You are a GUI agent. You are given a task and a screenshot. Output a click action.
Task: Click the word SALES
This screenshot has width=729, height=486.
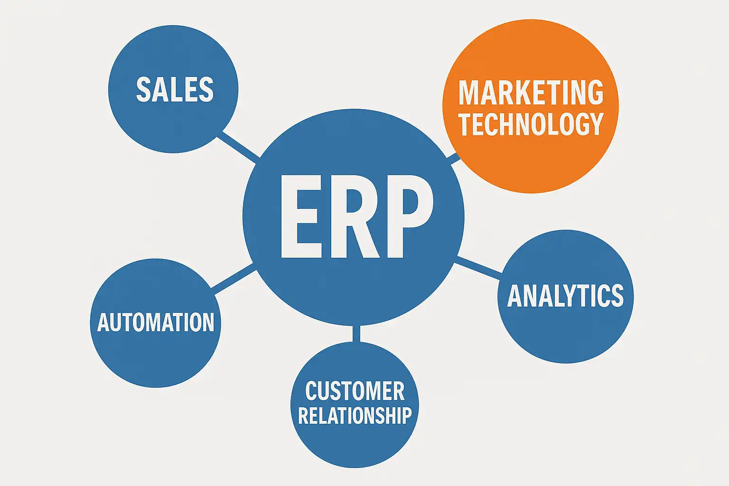(x=175, y=90)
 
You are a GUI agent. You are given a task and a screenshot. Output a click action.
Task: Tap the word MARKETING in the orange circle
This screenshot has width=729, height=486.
(x=531, y=93)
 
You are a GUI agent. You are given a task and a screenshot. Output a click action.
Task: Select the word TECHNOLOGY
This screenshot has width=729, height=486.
(x=531, y=124)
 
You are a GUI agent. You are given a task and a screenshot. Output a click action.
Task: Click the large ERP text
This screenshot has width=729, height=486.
(x=356, y=217)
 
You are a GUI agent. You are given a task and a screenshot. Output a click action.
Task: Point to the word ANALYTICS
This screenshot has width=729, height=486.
(x=565, y=296)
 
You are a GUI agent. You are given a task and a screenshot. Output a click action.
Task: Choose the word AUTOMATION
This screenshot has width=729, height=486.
(x=156, y=323)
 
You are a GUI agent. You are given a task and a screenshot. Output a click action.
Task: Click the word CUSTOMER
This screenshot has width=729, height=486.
(x=355, y=392)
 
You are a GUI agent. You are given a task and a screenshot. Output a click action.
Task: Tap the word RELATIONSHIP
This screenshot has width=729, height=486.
(x=355, y=415)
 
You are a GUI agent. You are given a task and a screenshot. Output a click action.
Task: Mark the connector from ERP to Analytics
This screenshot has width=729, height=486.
(x=478, y=267)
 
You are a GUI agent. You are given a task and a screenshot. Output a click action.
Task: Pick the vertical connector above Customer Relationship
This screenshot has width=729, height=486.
(x=356, y=334)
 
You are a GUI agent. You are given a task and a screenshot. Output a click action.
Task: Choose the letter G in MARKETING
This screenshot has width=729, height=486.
(x=594, y=93)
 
